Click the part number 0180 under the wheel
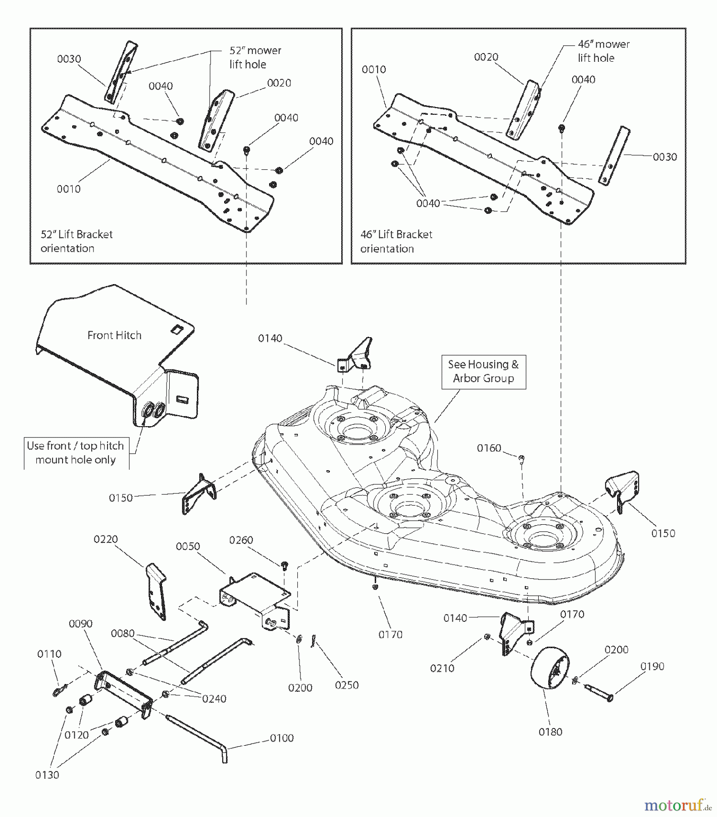click(550, 732)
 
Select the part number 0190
click(652, 666)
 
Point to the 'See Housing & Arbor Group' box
click(483, 371)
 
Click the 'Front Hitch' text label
click(114, 335)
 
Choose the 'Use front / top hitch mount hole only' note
click(75, 453)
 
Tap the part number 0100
click(282, 738)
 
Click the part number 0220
click(106, 539)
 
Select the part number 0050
click(188, 546)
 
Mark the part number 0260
click(241, 540)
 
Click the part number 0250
click(347, 685)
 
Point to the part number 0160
click(489, 448)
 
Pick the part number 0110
click(49, 654)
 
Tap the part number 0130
click(47, 775)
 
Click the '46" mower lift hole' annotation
click(603, 51)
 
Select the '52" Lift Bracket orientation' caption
click(76, 241)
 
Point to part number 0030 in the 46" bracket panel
click(665, 157)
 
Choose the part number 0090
click(80, 623)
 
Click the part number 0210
click(442, 668)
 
